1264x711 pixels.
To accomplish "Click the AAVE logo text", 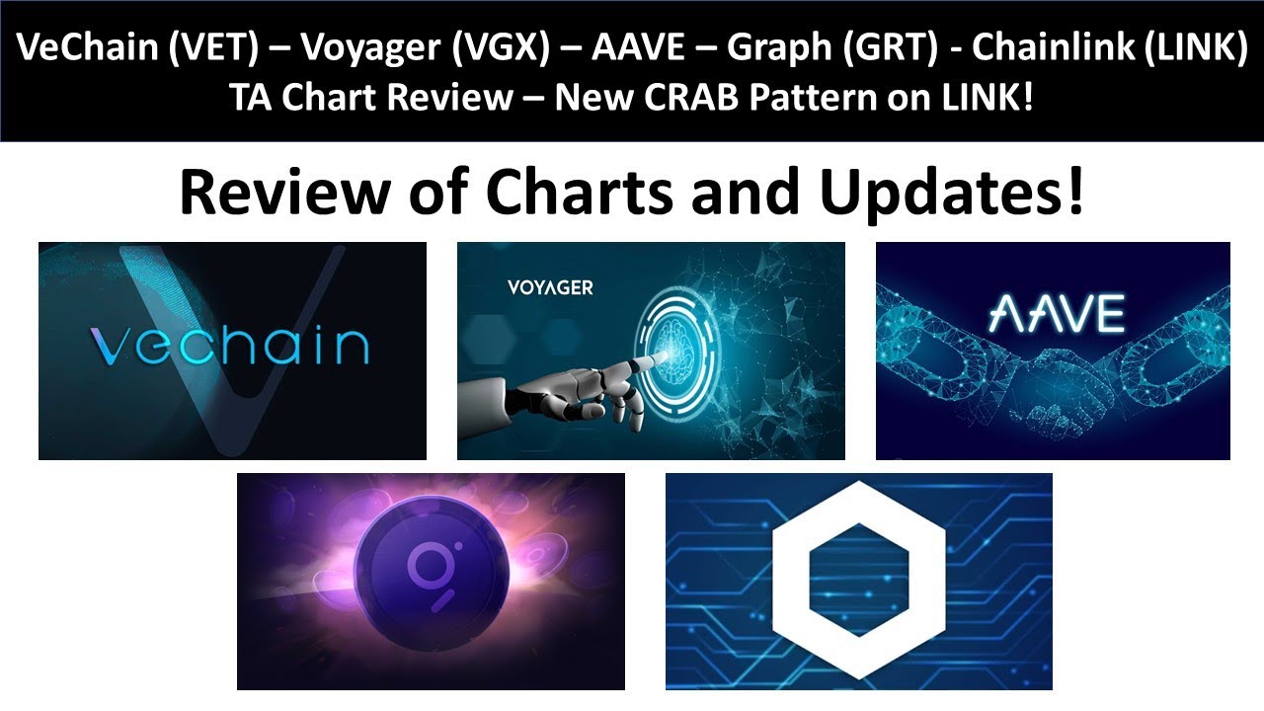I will pyautogui.click(x=1054, y=311).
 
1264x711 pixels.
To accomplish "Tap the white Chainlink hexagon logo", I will pyautogui.click(x=858, y=581).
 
